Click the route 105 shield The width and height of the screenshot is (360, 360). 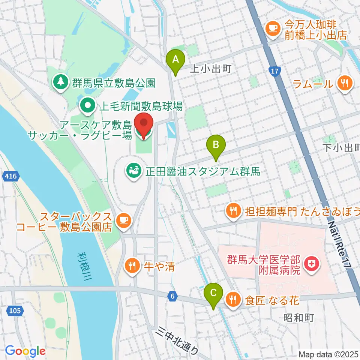(x=15, y=310)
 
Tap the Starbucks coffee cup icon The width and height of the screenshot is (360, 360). (x=123, y=221)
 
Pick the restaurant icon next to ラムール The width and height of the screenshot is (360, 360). (x=344, y=83)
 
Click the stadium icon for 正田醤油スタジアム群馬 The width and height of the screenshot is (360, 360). (x=133, y=172)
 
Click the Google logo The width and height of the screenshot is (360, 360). (x=25, y=351)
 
